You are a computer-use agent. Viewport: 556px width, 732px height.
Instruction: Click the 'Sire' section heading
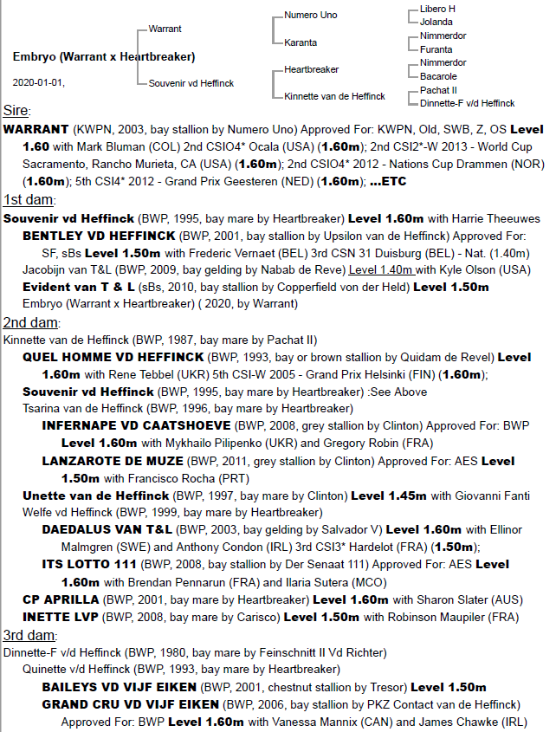(x=16, y=111)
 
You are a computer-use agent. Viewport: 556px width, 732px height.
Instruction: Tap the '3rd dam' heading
(x=26, y=634)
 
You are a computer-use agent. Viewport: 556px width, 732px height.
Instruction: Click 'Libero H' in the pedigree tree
(x=438, y=9)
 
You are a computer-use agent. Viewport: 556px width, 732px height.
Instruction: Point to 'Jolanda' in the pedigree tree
(x=436, y=23)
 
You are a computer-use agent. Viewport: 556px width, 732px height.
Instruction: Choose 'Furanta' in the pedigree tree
(x=436, y=49)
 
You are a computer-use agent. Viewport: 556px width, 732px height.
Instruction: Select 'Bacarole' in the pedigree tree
(x=438, y=76)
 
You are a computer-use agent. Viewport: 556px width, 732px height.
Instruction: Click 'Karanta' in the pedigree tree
(x=301, y=42)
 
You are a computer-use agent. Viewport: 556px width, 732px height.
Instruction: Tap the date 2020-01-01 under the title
(x=38, y=82)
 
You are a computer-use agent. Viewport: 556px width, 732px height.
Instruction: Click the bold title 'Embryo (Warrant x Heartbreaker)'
(x=104, y=57)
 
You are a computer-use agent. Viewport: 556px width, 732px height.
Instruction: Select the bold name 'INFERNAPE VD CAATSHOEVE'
(x=136, y=426)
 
